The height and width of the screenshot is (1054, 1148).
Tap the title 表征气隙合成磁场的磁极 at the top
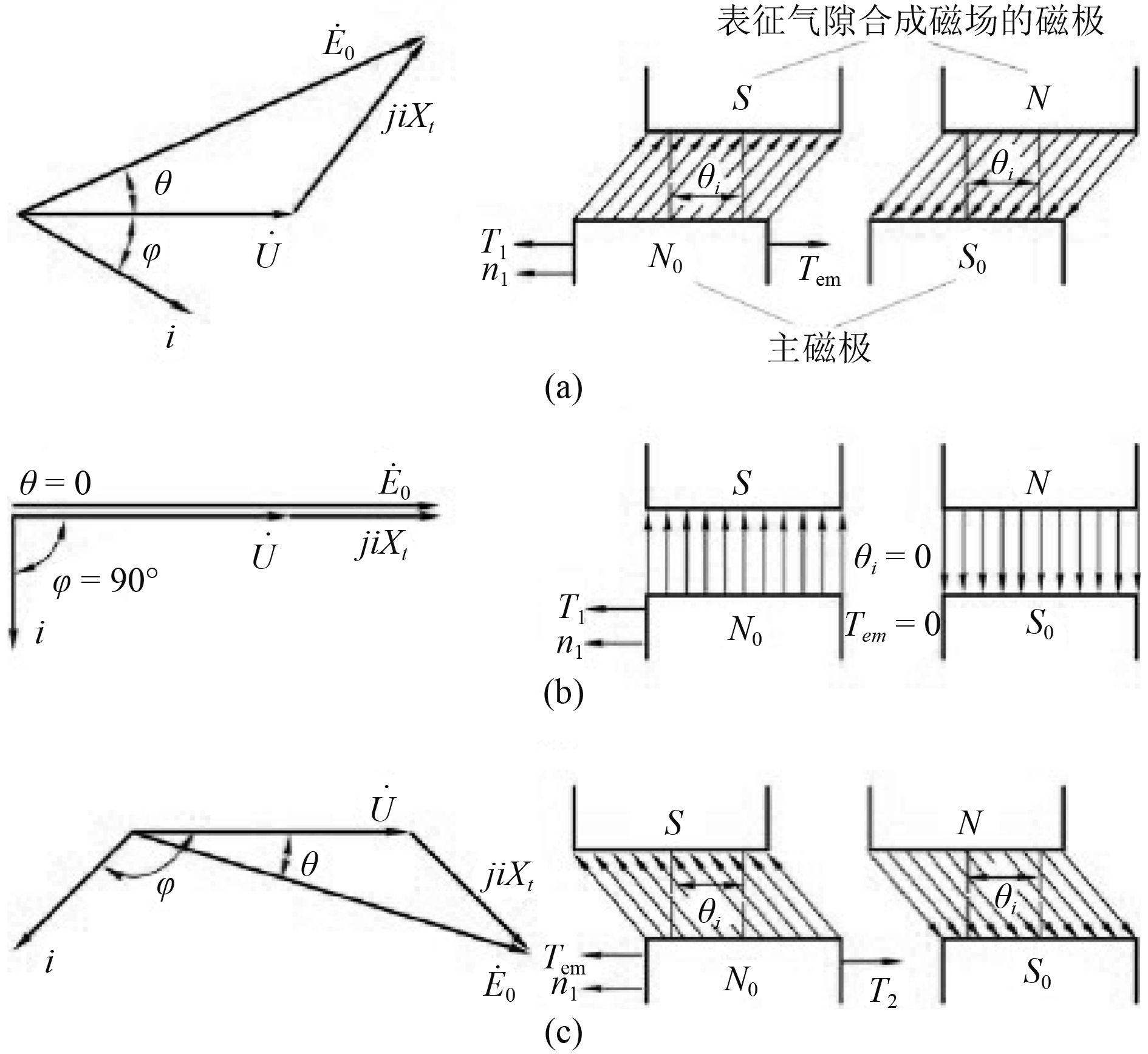(910, 22)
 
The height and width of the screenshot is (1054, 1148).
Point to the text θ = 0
(55, 484)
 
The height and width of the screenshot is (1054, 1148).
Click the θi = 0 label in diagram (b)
(892, 557)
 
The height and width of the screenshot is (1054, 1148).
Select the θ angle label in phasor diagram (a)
(163, 183)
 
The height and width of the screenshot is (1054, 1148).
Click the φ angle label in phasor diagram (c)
(165, 886)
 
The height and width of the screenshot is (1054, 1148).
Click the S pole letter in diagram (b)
(742, 483)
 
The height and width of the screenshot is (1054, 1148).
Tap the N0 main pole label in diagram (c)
(740, 981)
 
